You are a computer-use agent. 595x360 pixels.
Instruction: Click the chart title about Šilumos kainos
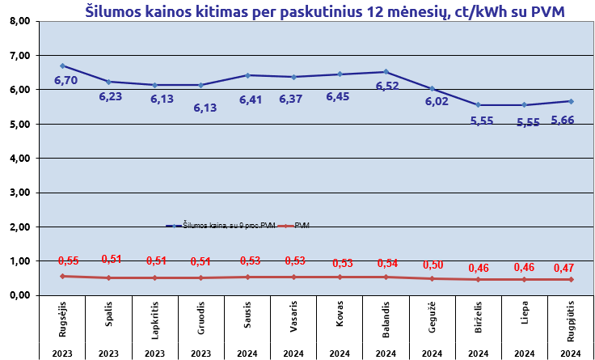325,11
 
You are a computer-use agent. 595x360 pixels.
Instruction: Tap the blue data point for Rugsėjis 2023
62,66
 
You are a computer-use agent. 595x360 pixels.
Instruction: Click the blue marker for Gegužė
432,89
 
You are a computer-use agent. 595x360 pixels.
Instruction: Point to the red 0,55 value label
69,260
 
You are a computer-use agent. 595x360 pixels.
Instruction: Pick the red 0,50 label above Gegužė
434,265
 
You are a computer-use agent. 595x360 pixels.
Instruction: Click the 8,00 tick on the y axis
18,22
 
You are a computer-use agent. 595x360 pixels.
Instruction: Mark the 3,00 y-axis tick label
18,193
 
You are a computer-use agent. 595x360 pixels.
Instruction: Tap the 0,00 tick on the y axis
18,295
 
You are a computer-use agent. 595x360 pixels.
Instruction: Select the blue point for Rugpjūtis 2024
571,101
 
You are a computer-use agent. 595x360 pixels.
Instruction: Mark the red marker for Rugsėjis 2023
62,276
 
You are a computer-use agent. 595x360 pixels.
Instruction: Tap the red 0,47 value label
563,268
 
